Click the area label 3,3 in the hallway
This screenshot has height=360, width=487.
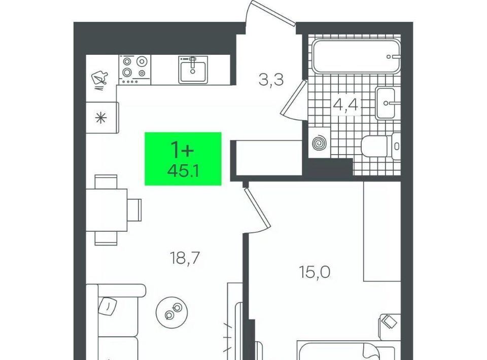click(x=271, y=80)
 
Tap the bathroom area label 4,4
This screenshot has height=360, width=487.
click(x=345, y=104)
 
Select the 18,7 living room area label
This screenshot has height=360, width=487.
click(x=185, y=258)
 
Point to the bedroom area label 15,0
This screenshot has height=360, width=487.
click(x=315, y=272)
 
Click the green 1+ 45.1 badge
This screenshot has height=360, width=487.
click(x=183, y=159)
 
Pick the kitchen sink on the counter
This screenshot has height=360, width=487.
click(x=193, y=70)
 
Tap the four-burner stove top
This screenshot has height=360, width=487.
click(x=134, y=69)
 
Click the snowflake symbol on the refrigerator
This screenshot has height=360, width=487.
click(x=101, y=118)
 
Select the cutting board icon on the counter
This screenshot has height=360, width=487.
click(x=100, y=78)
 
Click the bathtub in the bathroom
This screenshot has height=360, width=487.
click(x=356, y=56)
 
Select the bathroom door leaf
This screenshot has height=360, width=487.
click(x=294, y=97)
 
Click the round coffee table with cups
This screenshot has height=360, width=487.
click(x=172, y=311)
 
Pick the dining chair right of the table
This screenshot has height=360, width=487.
click(x=134, y=210)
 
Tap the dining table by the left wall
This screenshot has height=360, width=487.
click(x=107, y=210)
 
